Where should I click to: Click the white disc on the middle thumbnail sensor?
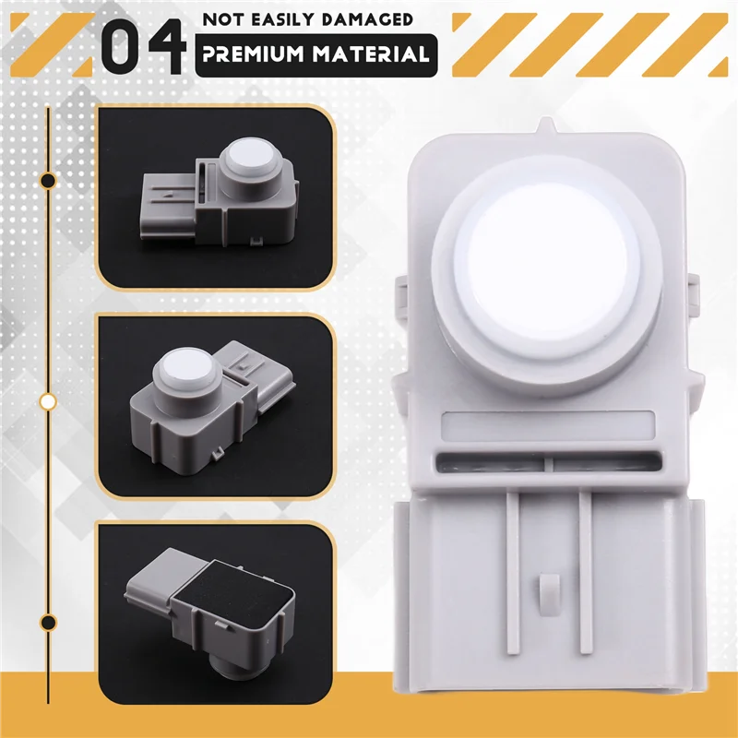[x=184, y=369]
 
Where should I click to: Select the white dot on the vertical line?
[x=49, y=401]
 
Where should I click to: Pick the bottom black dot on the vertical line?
[x=49, y=621]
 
